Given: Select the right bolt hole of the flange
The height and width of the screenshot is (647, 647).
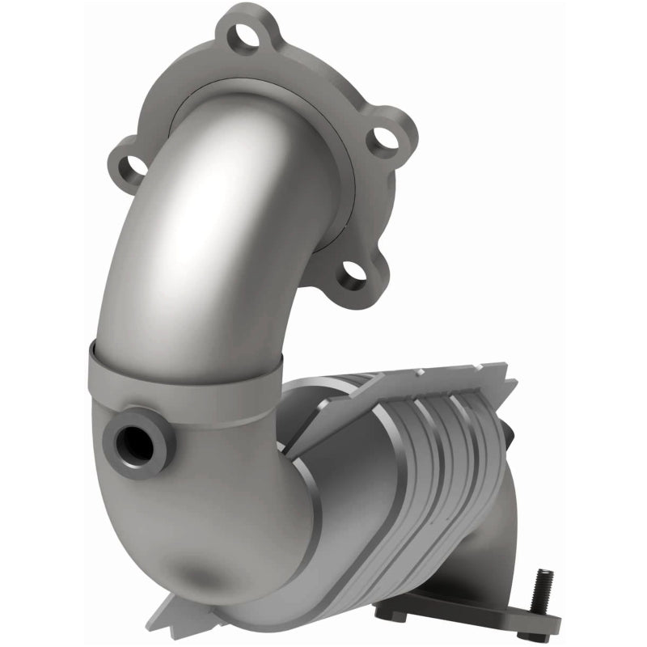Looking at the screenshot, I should pyautogui.click(x=387, y=139).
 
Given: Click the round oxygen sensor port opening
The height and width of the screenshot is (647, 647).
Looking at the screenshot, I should pyautogui.click(x=134, y=442).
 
